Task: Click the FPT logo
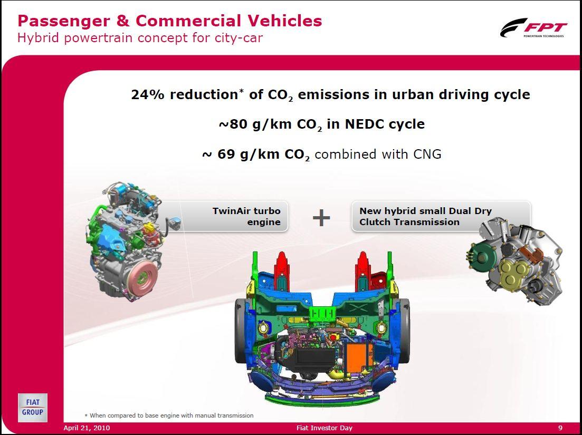533,28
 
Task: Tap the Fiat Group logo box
33,407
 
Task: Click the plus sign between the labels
321,217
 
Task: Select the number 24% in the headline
148,94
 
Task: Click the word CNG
427,154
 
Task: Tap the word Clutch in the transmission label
375,222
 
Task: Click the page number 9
560,428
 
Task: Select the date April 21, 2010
87,428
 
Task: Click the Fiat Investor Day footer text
325,428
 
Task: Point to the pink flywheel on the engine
141,277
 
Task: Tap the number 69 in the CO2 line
226,154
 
